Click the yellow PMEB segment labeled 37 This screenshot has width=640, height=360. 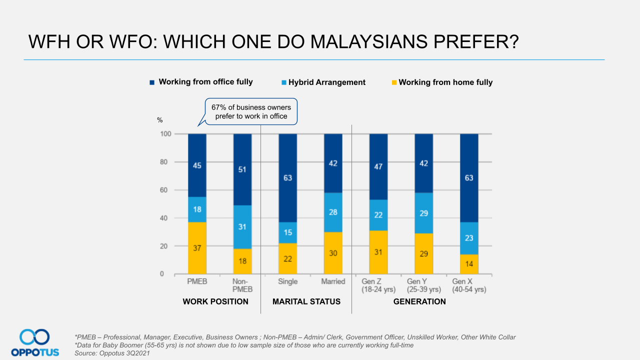tap(197, 248)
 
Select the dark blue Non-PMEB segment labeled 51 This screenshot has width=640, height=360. tap(242, 169)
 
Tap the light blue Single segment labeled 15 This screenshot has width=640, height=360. tap(287, 232)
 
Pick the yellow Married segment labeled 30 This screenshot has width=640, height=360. tap(333, 253)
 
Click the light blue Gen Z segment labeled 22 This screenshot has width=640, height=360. tap(378, 214)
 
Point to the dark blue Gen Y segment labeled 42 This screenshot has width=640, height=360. tap(423, 163)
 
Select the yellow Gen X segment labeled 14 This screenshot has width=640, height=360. tap(469, 264)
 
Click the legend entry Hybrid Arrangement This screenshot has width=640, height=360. tap(326, 82)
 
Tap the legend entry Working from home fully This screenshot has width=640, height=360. tap(445, 82)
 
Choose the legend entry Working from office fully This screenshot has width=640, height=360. tap(205, 82)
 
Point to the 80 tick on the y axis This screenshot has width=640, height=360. tap(165, 162)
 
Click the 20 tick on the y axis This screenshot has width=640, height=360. tap(165, 246)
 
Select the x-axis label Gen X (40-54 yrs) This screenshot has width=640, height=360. tap(469, 285)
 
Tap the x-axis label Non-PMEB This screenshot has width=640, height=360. tap(242, 285)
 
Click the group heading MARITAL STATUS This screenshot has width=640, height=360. tap(306, 301)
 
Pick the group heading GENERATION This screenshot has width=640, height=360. tap(419, 301)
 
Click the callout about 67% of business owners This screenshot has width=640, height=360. tap(251, 111)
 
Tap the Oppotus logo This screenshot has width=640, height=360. tap(35, 342)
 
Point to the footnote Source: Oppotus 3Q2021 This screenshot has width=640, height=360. tap(112, 353)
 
